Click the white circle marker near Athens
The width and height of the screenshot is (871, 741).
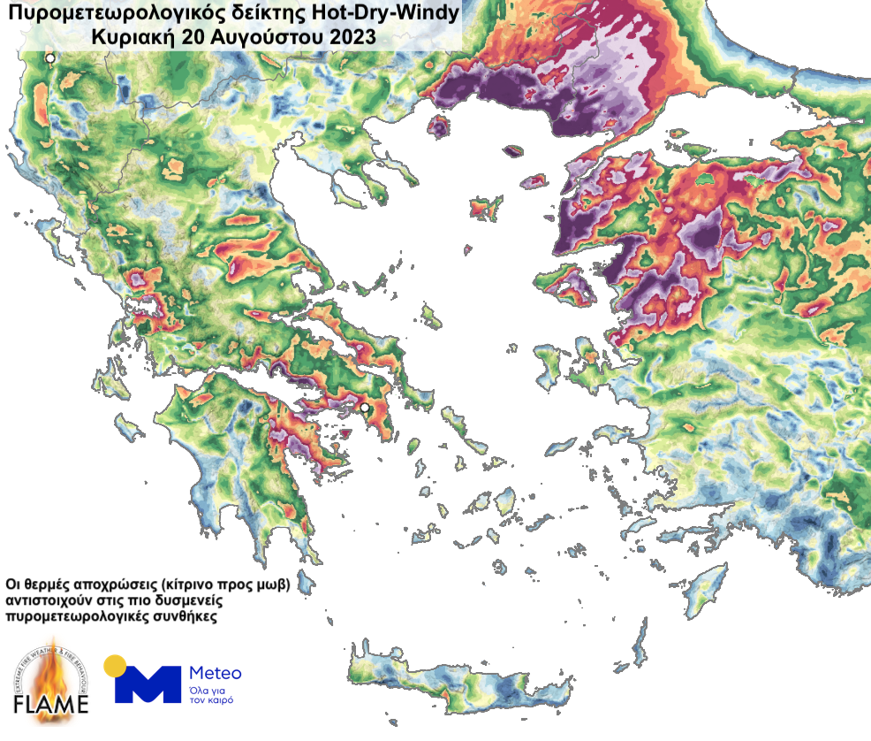click(363, 407)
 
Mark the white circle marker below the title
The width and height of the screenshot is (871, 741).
click(50, 58)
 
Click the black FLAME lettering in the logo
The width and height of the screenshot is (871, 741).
click(53, 705)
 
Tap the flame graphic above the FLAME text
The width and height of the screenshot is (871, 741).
click(53, 668)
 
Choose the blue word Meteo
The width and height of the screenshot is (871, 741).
click(216, 673)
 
